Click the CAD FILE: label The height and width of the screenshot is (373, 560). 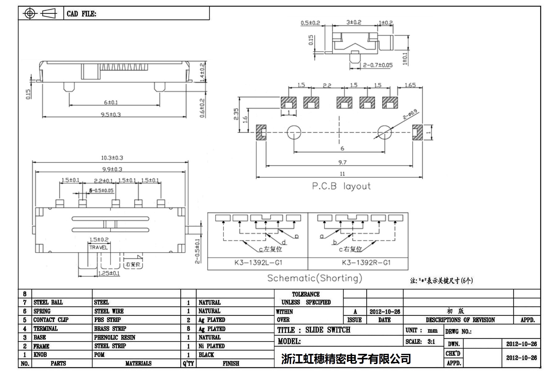coord(81,14)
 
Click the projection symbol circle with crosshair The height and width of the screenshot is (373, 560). coord(30,14)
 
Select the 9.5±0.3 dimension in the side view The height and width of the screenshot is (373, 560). coord(111,115)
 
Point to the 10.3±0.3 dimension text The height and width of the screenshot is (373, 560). coord(112,158)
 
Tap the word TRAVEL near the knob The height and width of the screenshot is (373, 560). coord(98,247)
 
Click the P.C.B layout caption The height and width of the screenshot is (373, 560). coord(341,186)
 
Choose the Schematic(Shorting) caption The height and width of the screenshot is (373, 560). coord(314,278)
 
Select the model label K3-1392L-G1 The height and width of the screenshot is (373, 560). coord(258,263)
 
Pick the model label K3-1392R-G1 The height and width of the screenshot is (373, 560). coord(366,263)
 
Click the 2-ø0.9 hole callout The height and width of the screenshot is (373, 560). coord(410,115)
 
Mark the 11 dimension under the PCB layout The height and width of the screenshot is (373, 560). coord(342,174)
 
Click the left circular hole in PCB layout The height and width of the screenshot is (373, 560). coord(294,132)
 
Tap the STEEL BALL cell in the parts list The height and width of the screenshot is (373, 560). coord(48,302)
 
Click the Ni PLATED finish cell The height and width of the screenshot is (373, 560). coord(212,346)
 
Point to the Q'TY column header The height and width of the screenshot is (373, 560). coord(188,364)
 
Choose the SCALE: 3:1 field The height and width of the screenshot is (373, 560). coord(420,342)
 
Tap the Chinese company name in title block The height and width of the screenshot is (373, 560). coord(346,359)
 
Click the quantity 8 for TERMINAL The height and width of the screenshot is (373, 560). coord(188,329)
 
